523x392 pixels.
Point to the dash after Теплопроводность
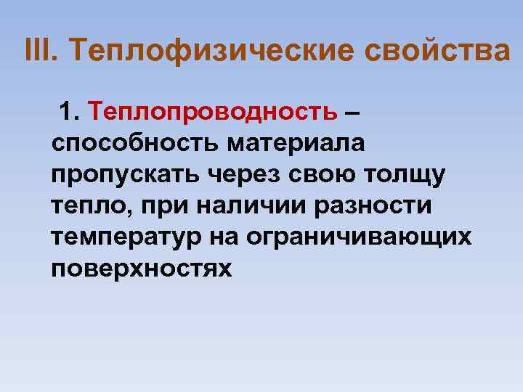352,113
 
